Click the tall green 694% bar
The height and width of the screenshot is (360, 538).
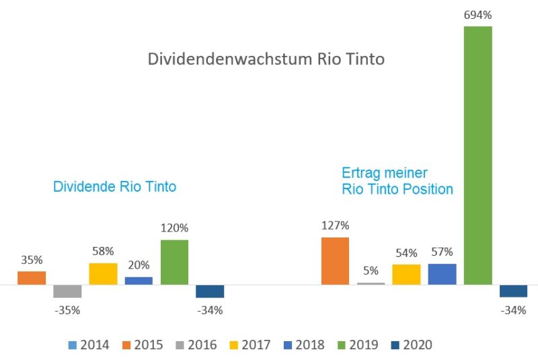477,155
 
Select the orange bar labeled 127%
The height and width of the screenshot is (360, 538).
335,261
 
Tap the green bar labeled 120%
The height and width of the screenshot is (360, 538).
174,262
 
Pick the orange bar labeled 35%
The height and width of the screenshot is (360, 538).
32,278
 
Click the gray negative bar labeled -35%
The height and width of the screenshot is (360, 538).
67,291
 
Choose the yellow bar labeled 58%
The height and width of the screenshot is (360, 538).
103,274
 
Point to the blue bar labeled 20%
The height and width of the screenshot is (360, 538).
139,281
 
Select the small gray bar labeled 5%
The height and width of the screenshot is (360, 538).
371,283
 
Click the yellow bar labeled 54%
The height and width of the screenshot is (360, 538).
406,274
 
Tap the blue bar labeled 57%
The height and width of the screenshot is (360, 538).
442,274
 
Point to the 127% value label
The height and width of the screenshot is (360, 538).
335,225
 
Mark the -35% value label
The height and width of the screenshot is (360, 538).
67,310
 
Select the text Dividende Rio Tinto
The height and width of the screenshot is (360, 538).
114,186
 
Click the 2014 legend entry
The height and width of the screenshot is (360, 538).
89,345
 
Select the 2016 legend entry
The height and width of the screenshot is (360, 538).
196,345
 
